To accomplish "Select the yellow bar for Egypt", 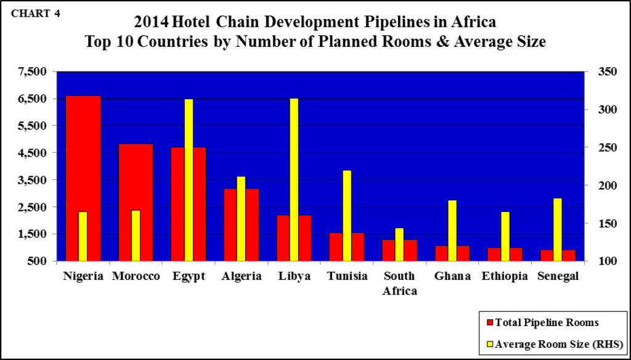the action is click(189, 179).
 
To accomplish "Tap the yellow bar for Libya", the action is click(294, 179).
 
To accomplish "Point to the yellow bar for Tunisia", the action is click(347, 215).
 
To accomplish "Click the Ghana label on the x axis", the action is click(452, 276).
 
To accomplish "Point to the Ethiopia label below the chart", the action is click(505, 276).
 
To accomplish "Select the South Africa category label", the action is click(399, 283).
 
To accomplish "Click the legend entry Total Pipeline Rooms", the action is click(542, 322).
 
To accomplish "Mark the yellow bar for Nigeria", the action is click(83, 236).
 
